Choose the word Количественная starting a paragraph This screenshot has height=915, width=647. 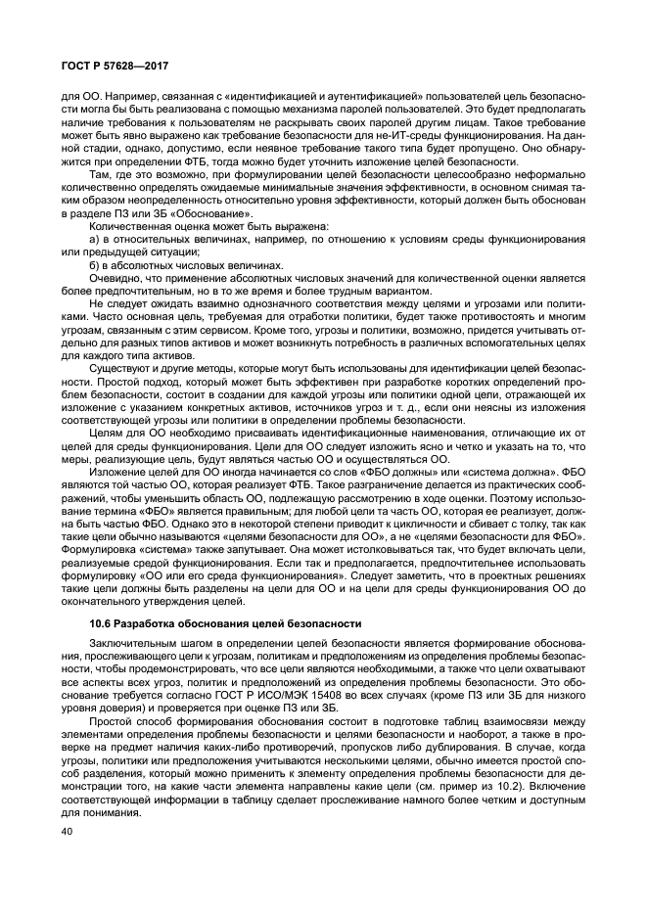pyautogui.click(x=128, y=224)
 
